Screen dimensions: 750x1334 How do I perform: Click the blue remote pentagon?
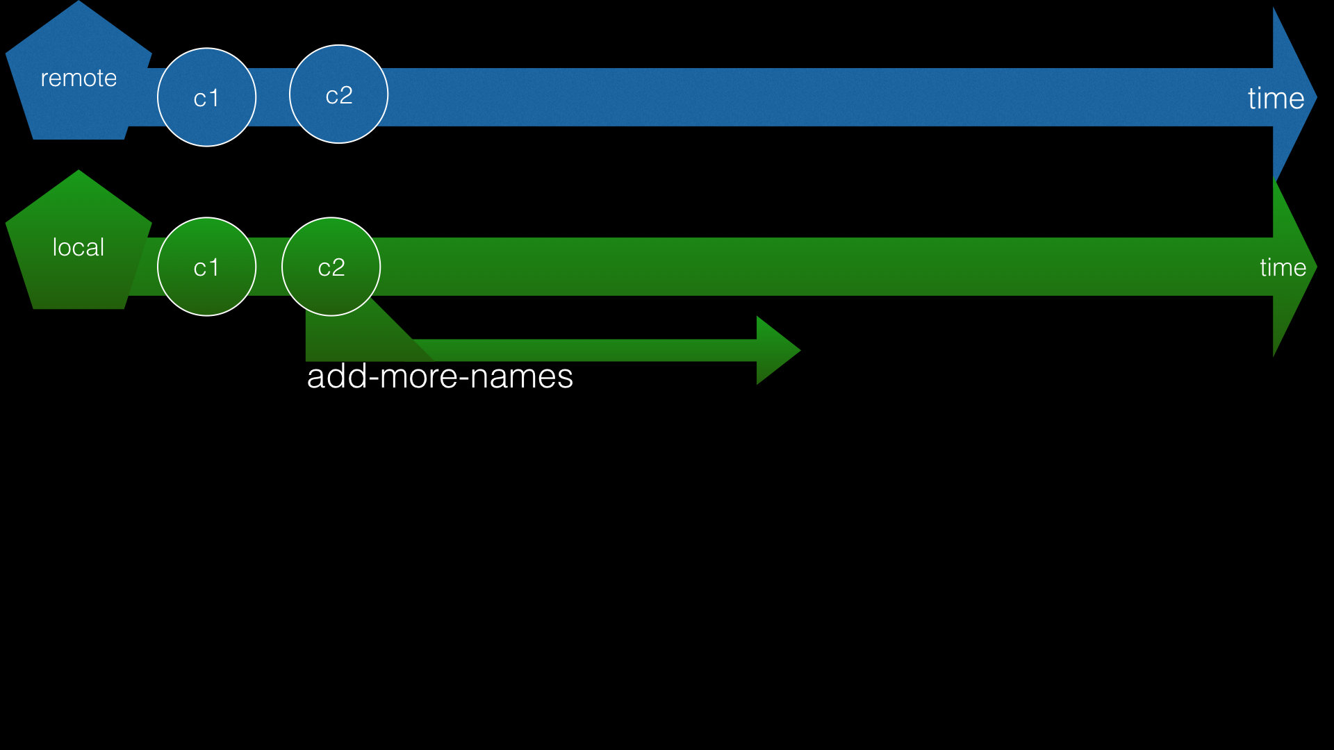click(x=78, y=104)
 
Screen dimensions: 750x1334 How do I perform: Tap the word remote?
click(x=79, y=78)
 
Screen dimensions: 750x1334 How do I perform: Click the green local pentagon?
click(x=78, y=278)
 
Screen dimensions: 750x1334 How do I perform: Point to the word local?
click(x=79, y=247)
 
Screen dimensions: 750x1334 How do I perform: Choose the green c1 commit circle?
click(x=206, y=292)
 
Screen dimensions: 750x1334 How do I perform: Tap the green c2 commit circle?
click(x=331, y=292)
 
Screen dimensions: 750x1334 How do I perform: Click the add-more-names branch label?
click(x=440, y=376)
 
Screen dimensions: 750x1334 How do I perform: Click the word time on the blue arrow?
click(x=1276, y=98)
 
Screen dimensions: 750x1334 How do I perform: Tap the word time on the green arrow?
click(x=1283, y=267)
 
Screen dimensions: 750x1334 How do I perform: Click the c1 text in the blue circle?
click(x=206, y=98)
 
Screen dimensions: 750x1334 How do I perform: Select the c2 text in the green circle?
click(x=331, y=267)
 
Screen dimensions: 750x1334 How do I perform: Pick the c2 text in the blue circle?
click(x=339, y=95)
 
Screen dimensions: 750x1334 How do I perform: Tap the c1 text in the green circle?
click(x=206, y=267)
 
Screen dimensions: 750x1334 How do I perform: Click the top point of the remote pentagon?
click(x=79, y=3)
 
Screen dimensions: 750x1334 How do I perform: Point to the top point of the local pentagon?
click(x=79, y=172)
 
